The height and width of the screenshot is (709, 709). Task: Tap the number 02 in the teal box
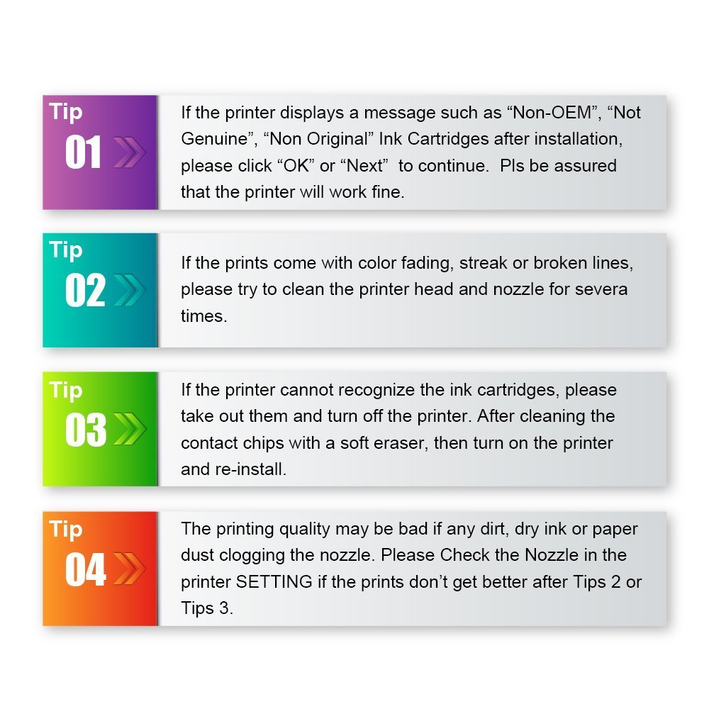pos(84,291)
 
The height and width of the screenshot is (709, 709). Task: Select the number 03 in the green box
pos(85,430)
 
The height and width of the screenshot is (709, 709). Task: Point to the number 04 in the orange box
pos(85,569)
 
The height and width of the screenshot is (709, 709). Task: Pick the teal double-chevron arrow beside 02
pos(129,291)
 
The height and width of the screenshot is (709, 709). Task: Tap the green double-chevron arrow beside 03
pos(129,430)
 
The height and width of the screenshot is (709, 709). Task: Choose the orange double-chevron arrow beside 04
pos(129,569)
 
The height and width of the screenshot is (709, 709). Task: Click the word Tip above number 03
pos(66,390)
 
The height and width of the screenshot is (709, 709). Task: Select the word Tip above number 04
pos(66,529)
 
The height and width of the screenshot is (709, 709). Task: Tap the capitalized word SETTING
pos(274,582)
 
